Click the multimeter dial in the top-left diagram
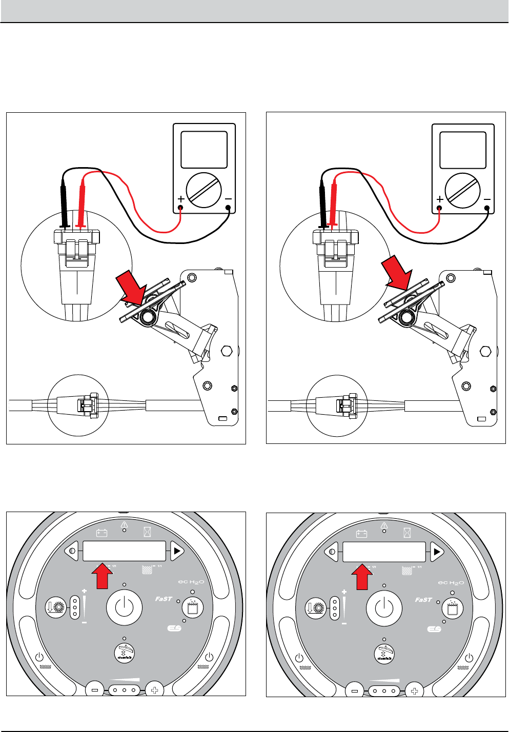[204, 190]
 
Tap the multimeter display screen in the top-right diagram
[463, 150]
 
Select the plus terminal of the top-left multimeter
[181, 208]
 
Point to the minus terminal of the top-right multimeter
[487, 209]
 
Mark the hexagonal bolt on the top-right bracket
[485, 352]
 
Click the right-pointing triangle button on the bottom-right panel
[436, 552]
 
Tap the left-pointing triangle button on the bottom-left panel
[72, 552]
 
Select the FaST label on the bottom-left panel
[164, 599]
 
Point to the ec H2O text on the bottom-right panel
[451, 583]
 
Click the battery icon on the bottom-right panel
[362, 534]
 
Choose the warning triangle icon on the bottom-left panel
[124, 525]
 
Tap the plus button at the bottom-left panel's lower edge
[154, 690]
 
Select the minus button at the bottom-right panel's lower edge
[354, 690]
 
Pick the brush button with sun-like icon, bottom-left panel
[56, 607]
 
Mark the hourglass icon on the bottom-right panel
[407, 533]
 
